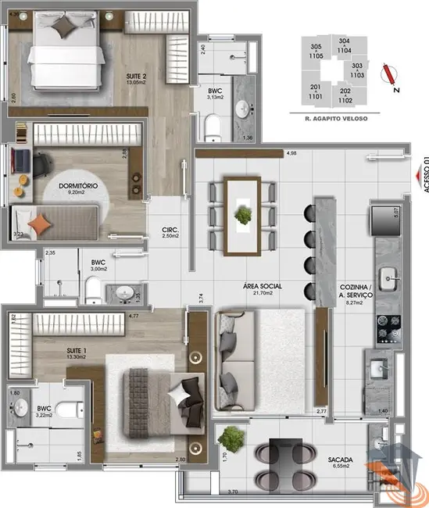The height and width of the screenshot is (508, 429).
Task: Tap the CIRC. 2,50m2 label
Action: point(170,232)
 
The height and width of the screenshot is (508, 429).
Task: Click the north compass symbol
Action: point(388,74)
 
